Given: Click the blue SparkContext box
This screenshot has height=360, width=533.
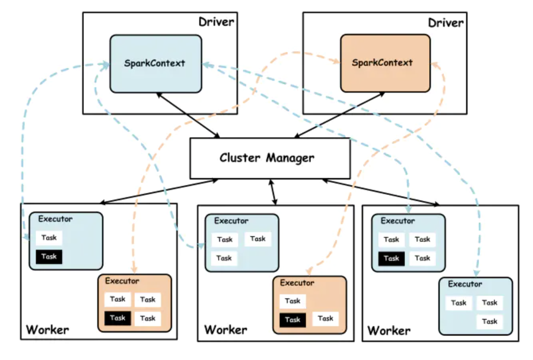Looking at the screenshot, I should point(155,64).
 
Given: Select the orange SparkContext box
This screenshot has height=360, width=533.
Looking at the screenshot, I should point(385,63).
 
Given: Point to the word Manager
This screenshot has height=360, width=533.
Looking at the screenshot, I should point(290,158).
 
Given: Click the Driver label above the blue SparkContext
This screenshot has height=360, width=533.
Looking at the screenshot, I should point(216,22).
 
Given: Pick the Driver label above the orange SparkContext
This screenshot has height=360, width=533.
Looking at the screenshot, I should point(446,23).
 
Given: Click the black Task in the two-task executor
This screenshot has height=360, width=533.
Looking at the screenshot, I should point(49,256).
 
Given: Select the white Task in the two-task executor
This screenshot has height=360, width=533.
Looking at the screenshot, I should point(49,238).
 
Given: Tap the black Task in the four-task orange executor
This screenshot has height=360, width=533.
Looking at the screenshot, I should point(118,318).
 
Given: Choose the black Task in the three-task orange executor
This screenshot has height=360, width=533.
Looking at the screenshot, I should point(292,319).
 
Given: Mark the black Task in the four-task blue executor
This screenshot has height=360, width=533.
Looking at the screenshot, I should point(391,258).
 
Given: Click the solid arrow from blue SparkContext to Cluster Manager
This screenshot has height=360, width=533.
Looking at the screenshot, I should point(188,115).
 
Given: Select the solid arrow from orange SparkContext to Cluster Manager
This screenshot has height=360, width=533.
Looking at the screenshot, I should point(339,115).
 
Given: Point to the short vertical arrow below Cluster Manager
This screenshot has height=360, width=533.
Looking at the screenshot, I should point(274,192).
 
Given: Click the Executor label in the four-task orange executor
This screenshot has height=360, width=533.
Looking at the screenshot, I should point(122,281).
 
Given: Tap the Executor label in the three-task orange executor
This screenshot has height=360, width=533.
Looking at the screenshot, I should point(297,283).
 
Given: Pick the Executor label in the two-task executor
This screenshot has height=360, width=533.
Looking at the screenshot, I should point(55,219).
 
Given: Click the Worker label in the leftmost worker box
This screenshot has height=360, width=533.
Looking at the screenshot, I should point(47,330).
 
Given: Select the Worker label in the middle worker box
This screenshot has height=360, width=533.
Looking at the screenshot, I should point(225,330).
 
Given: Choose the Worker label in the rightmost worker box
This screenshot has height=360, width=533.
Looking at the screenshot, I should point(388,331).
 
